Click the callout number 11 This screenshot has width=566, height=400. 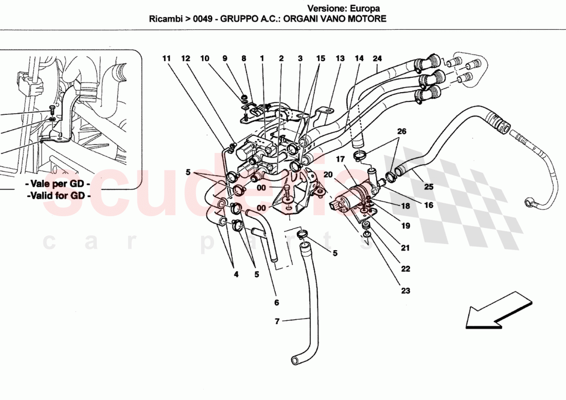[x=166, y=59]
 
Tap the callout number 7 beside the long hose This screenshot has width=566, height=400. [x=277, y=322]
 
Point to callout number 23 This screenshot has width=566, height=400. [x=405, y=291]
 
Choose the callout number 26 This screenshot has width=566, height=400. [x=401, y=131]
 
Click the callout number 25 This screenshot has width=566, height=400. [x=429, y=187]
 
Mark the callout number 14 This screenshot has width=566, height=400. [x=359, y=59]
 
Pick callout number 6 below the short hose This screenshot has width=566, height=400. [x=276, y=302]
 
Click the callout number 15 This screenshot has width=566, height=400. [x=321, y=59]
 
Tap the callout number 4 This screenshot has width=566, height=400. [x=236, y=274]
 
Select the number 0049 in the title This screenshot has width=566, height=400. [x=204, y=19]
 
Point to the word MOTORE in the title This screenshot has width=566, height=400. [x=368, y=19]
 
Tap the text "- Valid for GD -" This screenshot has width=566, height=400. [x=59, y=196]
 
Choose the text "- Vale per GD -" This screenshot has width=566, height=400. [x=59, y=184]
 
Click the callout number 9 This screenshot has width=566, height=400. [x=225, y=59]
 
